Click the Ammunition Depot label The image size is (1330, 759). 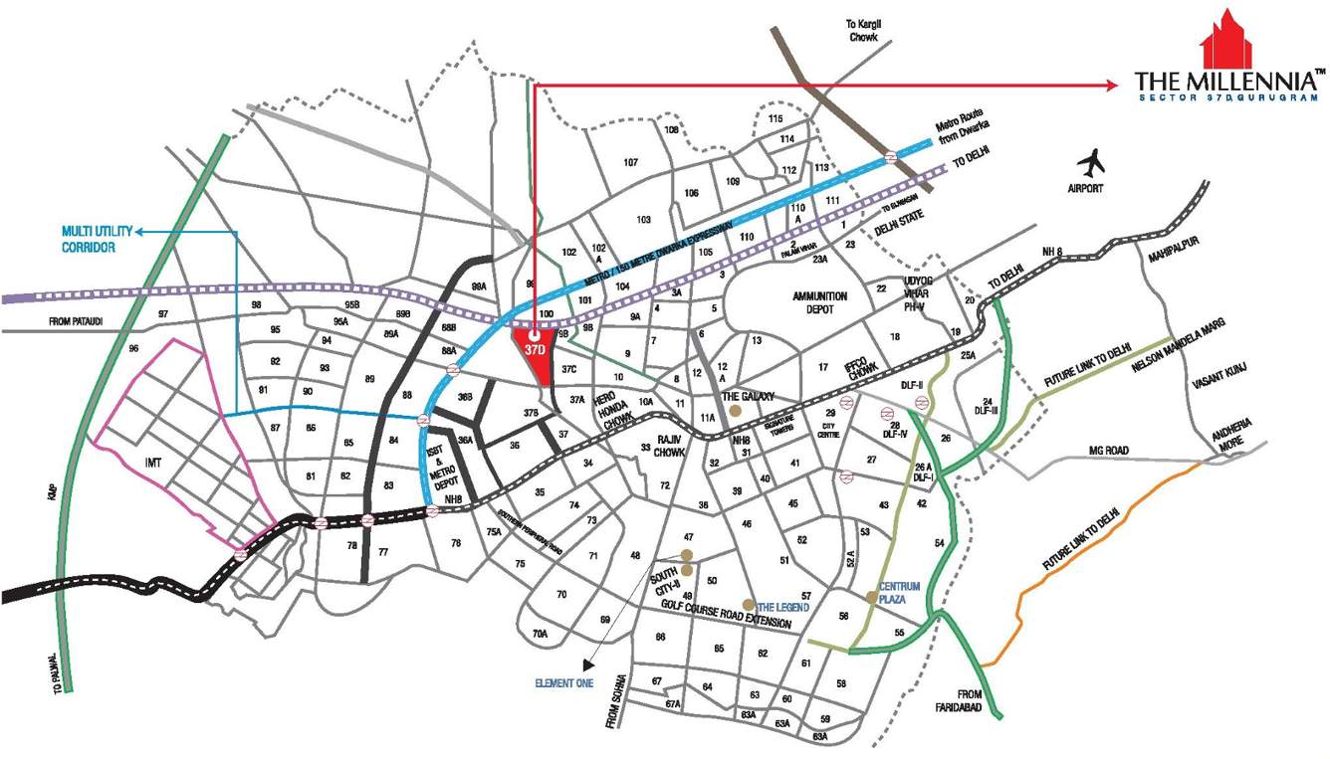819,303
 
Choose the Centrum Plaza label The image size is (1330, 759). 899,594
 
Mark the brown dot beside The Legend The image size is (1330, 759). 749,605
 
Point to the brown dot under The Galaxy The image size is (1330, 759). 735,410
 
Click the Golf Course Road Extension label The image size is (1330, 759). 727,617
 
